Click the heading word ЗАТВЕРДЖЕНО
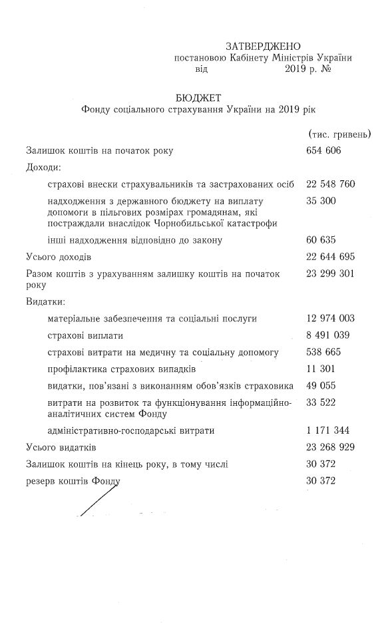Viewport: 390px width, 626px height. pos(264,46)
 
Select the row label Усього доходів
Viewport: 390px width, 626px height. pos(59,257)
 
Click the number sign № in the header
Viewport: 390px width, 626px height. pos(326,69)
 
